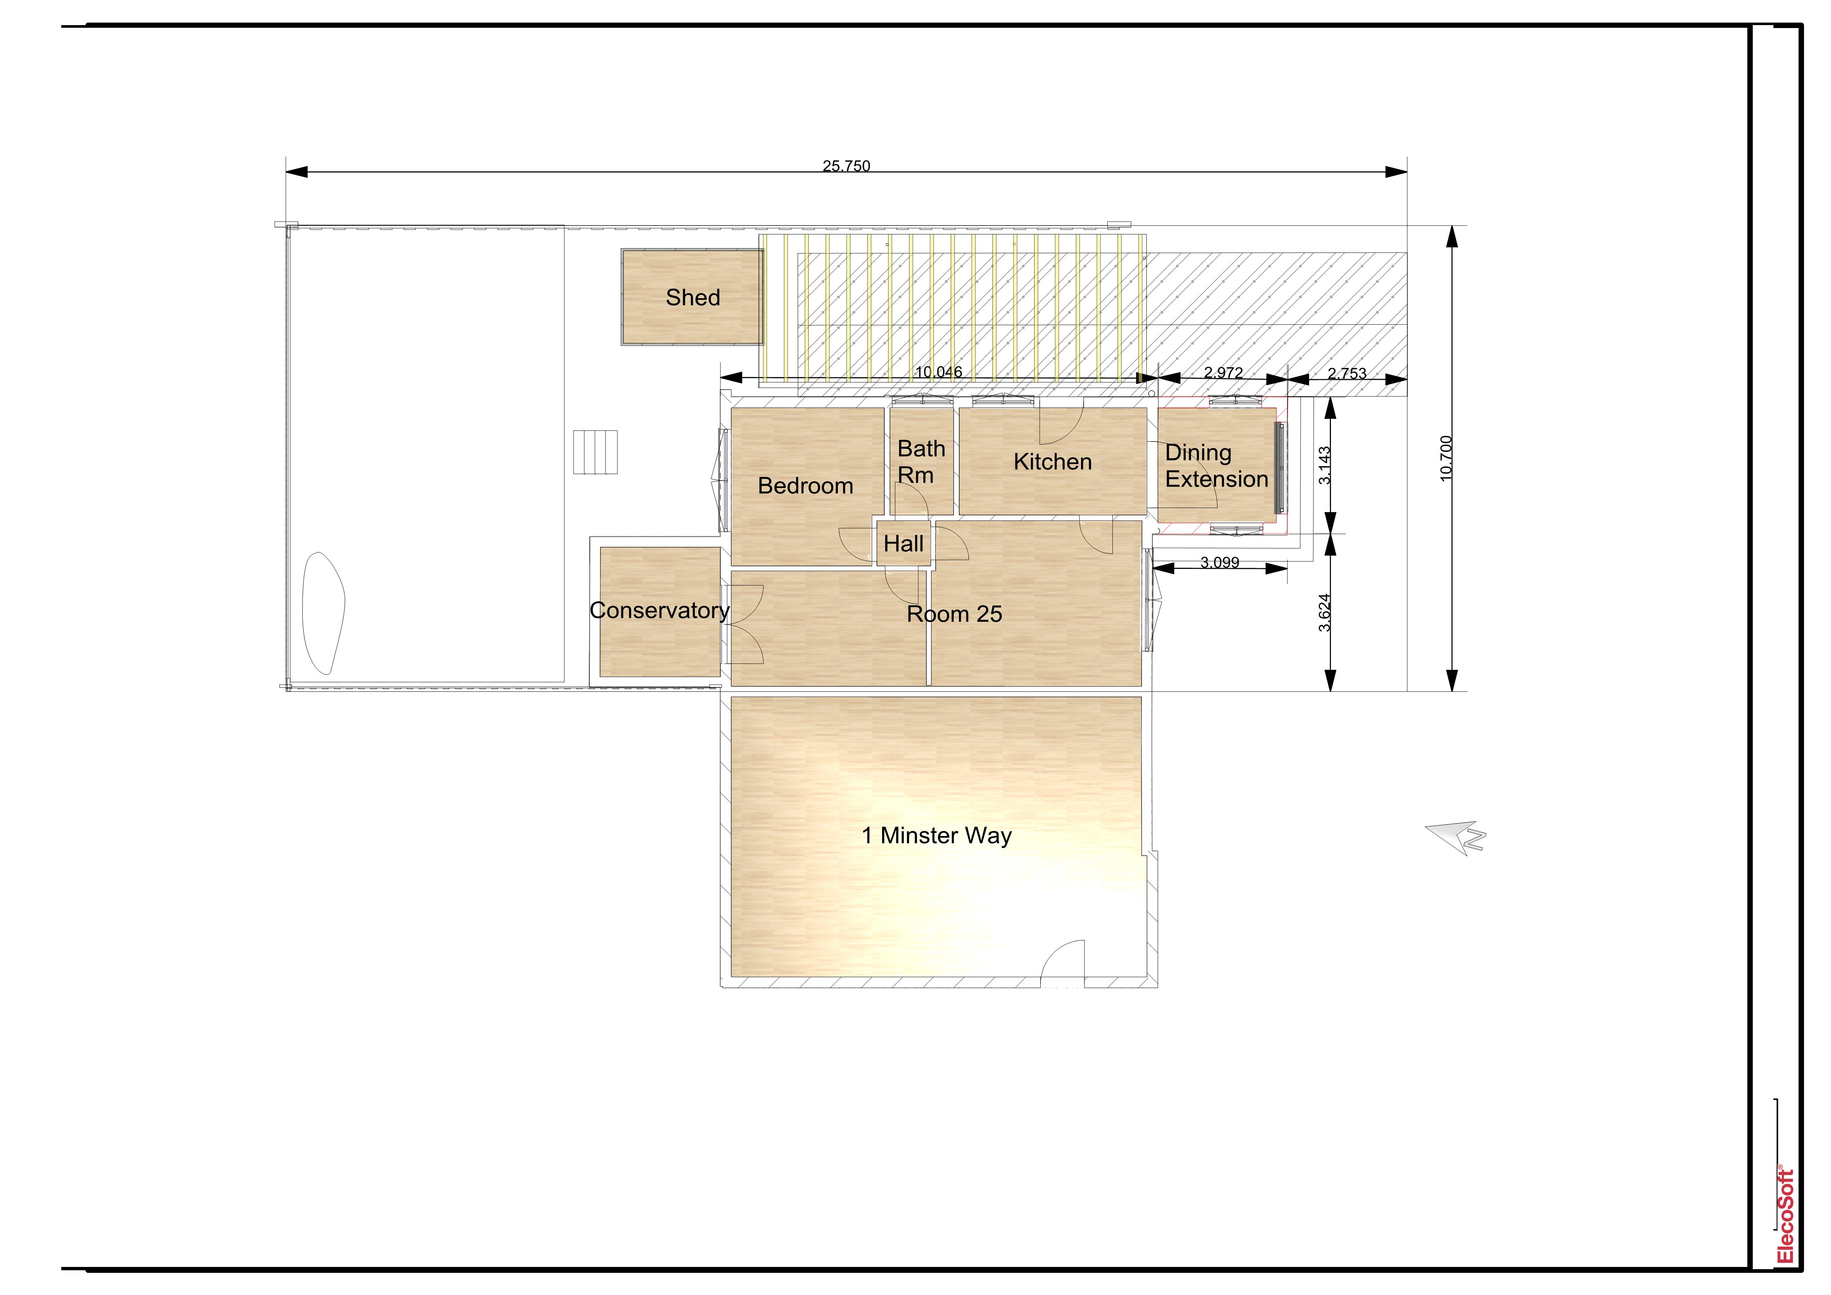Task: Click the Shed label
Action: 693,298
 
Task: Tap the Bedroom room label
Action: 805,486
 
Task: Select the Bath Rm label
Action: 921,462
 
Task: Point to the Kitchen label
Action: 1053,462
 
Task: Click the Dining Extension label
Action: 1216,466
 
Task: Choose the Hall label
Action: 904,544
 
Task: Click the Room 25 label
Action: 954,614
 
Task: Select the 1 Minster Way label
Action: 937,836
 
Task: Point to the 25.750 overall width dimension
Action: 846,166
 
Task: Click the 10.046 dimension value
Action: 939,372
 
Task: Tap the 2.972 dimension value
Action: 1223,372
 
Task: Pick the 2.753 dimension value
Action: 1347,373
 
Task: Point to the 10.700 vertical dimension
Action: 1447,458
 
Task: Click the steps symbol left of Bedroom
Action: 595,452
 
